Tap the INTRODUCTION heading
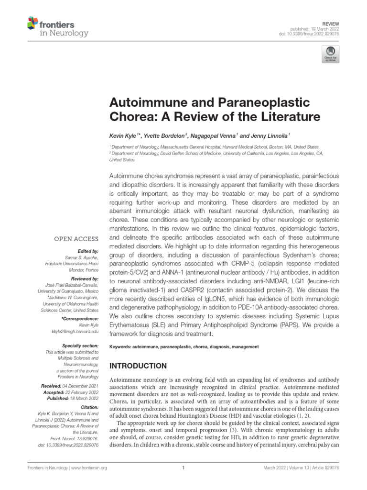pos(138,366)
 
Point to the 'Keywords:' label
pos(121,346)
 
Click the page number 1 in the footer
pos(183,468)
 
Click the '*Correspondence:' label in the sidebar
pos(80,318)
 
